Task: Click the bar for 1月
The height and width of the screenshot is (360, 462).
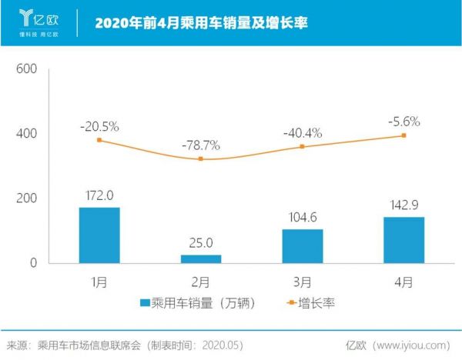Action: (99, 235)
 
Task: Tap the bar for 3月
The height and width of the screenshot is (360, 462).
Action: (302, 246)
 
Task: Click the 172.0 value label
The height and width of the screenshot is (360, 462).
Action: (99, 196)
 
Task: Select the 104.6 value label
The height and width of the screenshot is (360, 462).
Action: (302, 219)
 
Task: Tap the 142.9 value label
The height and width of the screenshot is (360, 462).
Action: (403, 206)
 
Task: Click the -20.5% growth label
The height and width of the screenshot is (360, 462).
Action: (99, 126)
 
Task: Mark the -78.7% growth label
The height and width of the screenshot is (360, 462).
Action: (200, 145)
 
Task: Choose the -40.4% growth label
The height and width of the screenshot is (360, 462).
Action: (302, 132)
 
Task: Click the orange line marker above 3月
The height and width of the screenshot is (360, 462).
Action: (302, 147)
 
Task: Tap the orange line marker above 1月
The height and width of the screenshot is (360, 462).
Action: (99, 140)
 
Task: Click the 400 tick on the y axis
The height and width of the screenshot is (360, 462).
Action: (27, 134)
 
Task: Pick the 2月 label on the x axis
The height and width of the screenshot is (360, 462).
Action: (200, 282)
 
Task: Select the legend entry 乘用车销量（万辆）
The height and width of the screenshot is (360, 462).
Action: (200, 304)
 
